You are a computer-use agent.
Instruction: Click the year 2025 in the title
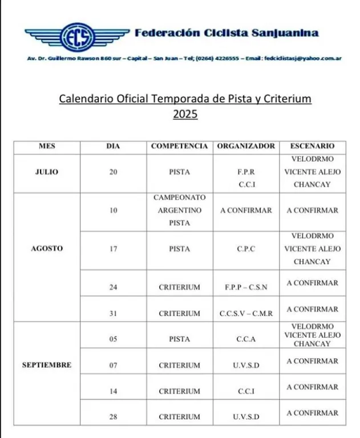coord(185,114)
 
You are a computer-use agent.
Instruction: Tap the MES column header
coord(47,147)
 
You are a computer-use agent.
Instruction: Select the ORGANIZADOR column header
coord(246,147)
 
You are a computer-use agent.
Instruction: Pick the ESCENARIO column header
coord(312,147)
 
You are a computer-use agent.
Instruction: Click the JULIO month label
coord(47,172)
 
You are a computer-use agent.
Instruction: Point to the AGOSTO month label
coord(47,249)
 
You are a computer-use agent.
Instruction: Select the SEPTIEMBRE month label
coord(47,365)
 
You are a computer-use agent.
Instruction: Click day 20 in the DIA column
coord(114,172)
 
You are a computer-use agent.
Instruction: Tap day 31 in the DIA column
coord(114,313)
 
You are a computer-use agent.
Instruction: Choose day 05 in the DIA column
coord(114,339)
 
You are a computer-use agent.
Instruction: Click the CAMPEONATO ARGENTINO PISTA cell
coord(179,210)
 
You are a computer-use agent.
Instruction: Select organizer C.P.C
coord(246,249)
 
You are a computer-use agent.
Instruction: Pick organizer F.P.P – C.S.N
coord(246,287)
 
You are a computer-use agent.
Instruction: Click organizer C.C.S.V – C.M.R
coord(246,313)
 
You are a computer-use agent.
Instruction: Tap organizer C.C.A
coord(246,339)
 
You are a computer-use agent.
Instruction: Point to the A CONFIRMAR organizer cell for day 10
coord(246,210)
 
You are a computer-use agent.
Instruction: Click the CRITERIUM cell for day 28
coord(179,417)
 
